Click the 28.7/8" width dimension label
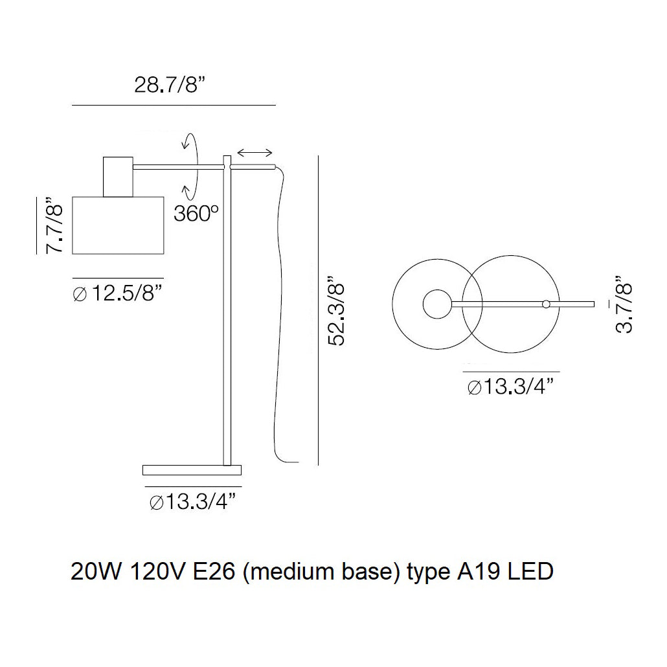pos(173,85)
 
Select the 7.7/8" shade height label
pos(54,227)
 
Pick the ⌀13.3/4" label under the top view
pos(512,387)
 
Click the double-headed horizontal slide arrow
pos(255,153)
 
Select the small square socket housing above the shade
pos(117,175)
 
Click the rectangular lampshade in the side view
pos(117,225)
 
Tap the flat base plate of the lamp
pos(192,470)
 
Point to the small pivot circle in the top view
pos(547,304)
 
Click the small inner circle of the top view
pos(437,304)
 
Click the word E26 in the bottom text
pos(210,572)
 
